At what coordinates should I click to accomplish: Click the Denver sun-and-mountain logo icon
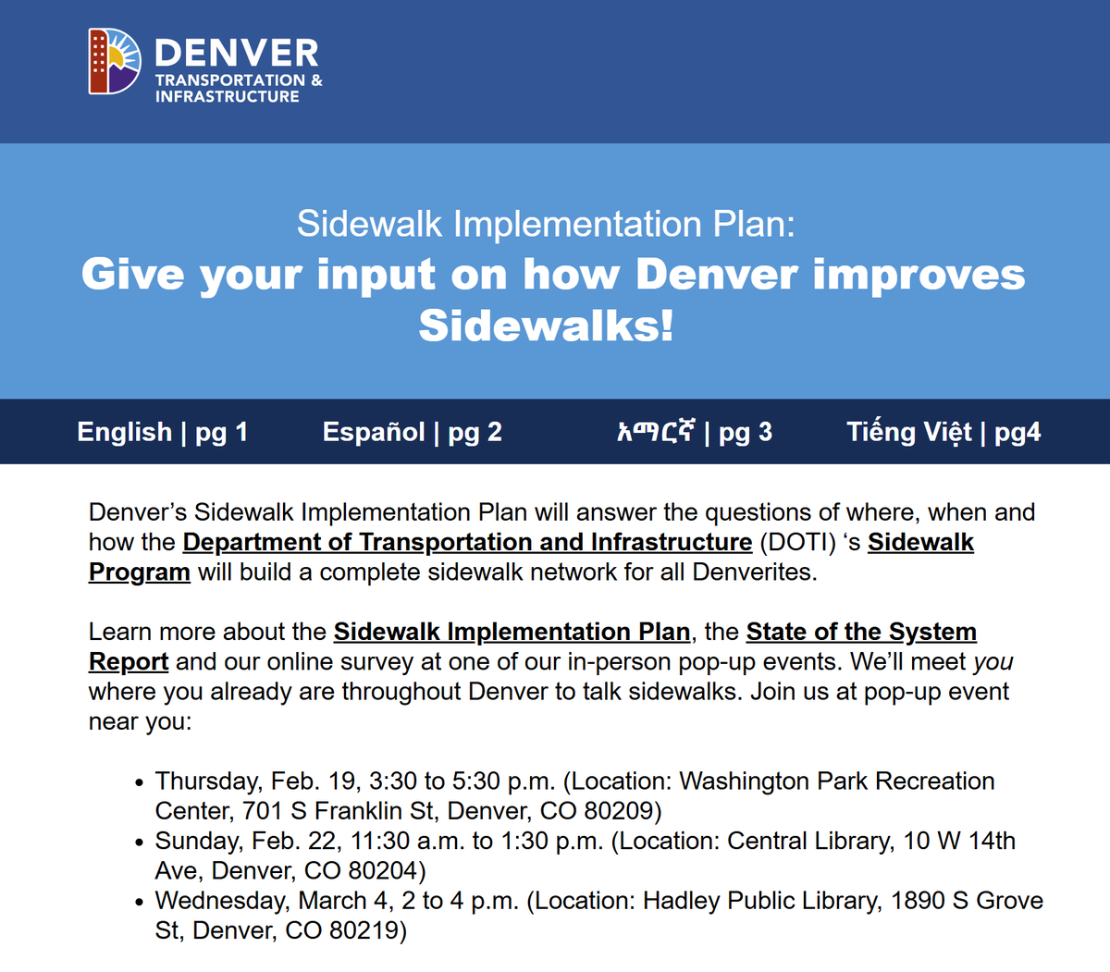[x=115, y=61]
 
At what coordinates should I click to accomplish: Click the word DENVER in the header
[x=237, y=53]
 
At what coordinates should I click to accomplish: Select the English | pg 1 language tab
[x=162, y=432]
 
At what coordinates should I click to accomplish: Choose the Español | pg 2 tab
[x=412, y=432]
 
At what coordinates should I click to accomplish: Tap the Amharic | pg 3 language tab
[x=694, y=432]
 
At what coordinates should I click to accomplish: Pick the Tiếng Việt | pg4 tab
[x=943, y=432]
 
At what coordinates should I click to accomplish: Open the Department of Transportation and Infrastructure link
[x=467, y=542]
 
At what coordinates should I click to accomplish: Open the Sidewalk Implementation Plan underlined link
[x=512, y=632]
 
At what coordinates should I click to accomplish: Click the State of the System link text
[x=861, y=632]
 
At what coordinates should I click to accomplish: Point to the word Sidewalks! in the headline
[x=547, y=326]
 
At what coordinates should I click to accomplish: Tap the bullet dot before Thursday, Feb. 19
[x=138, y=783]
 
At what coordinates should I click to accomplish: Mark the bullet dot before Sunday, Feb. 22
[x=138, y=843]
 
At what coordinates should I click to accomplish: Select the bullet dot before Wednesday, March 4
[x=138, y=903]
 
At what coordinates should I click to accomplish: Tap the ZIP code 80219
[x=367, y=930]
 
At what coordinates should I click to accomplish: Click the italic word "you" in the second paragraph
[x=993, y=662]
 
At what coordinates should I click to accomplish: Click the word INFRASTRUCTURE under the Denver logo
[x=228, y=96]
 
